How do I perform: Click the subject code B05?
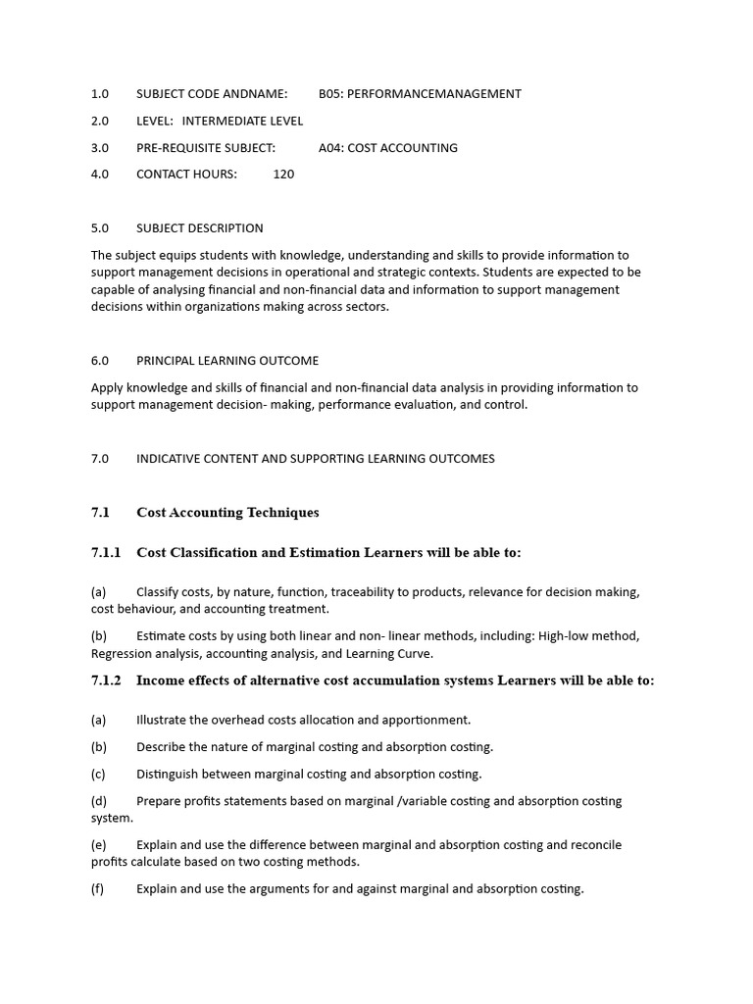(330, 94)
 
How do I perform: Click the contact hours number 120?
(283, 175)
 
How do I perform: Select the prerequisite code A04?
(330, 148)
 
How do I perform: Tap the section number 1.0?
(100, 94)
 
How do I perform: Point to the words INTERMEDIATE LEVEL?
(242, 121)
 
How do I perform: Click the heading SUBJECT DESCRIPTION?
(199, 228)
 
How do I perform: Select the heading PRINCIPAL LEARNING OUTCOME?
(226, 361)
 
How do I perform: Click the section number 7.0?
(100, 459)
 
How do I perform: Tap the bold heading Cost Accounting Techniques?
(227, 513)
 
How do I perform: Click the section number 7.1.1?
(106, 553)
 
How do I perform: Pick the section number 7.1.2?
(106, 680)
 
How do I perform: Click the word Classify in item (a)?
(159, 592)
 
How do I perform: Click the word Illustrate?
(164, 720)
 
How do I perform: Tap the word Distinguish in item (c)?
(170, 774)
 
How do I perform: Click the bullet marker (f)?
(98, 889)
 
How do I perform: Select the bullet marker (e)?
(98, 845)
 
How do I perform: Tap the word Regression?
(123, 654)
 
